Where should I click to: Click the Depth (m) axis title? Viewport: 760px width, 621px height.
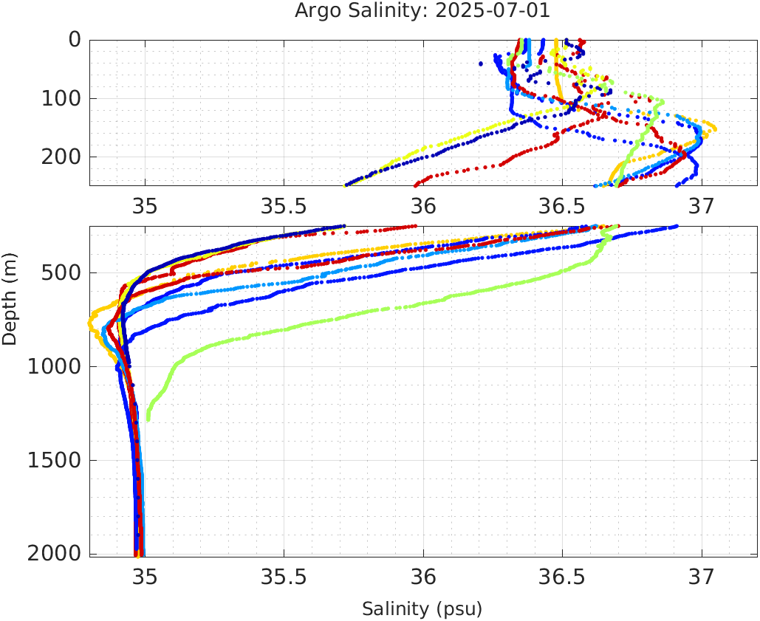tap(10, 298)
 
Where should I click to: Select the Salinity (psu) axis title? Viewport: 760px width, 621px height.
tap(422, 609)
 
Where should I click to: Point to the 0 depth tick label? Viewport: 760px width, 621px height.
tap(75, 39)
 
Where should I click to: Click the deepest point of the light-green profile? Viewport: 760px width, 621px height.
tap(148, 419)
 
